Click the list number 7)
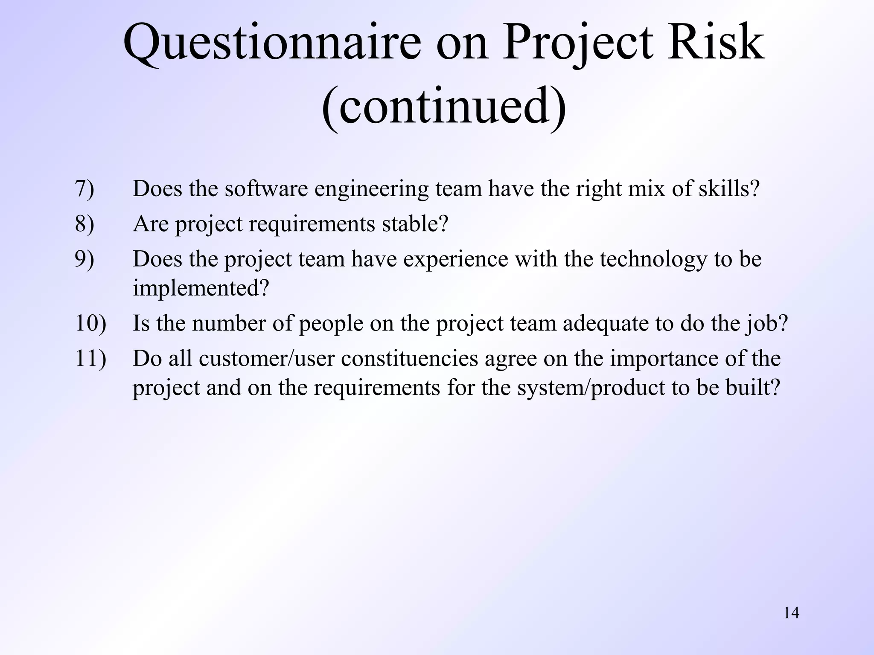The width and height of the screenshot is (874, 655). pos(84,188)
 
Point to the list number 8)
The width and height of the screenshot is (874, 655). pos(84,223)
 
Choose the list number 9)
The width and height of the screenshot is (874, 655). pos(84,259)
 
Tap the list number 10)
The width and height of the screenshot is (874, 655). pos(90,323)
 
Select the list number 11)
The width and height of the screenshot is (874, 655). pos(90,358)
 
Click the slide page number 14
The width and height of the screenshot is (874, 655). pos(791,613)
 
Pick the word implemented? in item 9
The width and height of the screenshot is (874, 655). pos(201,289)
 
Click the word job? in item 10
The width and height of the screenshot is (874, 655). pos(766,324)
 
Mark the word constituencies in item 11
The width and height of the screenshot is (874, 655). pos(409,358)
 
